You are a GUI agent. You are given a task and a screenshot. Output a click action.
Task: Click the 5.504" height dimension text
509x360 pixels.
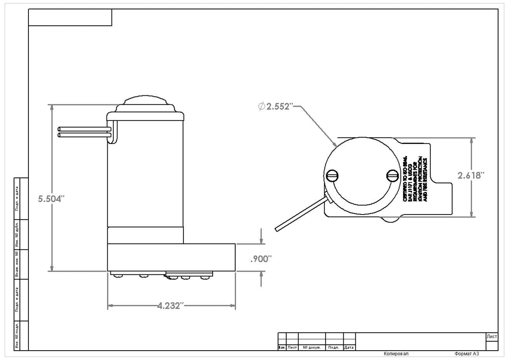point(51,199)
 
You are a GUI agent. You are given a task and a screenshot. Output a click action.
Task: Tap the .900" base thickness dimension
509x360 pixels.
point(261,259)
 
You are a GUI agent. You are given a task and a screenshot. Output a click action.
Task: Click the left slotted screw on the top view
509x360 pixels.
point(332,176)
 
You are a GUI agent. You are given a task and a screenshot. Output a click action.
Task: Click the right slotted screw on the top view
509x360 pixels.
point(393,176)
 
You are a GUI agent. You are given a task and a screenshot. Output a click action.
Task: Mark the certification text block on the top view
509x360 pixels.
point(415,179)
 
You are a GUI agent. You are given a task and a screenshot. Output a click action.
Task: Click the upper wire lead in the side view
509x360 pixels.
point(84,129)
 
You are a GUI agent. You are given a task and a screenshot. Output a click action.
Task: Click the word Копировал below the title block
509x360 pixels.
point(396,354)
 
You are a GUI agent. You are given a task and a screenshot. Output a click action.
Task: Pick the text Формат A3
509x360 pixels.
point(466,354)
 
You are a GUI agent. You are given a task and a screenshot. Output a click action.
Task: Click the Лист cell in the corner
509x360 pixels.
point(492,337)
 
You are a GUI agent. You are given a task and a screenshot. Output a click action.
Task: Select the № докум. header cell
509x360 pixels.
point(311,348)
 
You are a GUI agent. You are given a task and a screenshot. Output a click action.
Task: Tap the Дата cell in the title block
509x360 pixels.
point(349,348)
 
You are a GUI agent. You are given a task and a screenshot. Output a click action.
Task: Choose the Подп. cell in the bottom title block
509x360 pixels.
point(334,348)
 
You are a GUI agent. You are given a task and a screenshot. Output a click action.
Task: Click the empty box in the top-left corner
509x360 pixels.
point(70,18)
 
